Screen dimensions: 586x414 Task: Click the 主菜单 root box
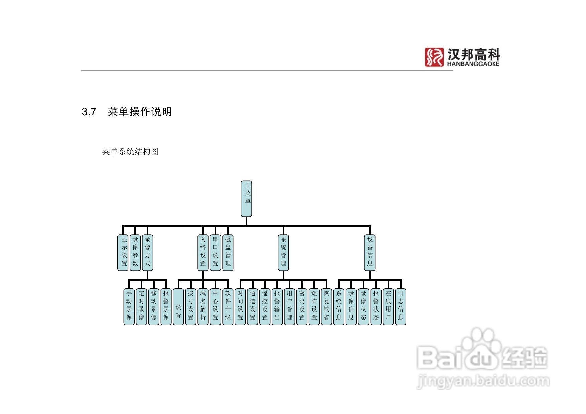[246, 199]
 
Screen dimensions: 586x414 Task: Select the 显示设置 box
[123, 253]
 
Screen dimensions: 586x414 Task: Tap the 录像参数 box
[135, 253]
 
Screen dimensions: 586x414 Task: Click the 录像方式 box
[147, 253]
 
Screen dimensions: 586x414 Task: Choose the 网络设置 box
[203, 253]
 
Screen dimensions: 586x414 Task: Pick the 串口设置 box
[215, 253]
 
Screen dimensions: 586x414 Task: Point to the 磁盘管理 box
[228, 253]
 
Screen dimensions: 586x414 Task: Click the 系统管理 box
[283, 253]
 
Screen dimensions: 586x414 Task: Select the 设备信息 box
[370, 253]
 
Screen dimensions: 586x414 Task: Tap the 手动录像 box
[129, 307]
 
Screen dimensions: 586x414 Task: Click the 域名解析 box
[203, 307]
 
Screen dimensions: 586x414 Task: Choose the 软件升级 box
[228, 307]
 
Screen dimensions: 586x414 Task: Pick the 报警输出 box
[277, 307]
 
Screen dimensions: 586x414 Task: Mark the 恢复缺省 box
[326, 307]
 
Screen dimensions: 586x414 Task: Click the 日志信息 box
[401, 307]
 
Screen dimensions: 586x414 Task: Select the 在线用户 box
[388, 307]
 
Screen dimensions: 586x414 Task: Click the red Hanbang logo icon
[434, 57]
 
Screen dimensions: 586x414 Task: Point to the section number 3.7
[89, 112]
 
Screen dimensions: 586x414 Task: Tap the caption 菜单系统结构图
[130, 152]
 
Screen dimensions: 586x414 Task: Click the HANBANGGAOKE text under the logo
[473, 64]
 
